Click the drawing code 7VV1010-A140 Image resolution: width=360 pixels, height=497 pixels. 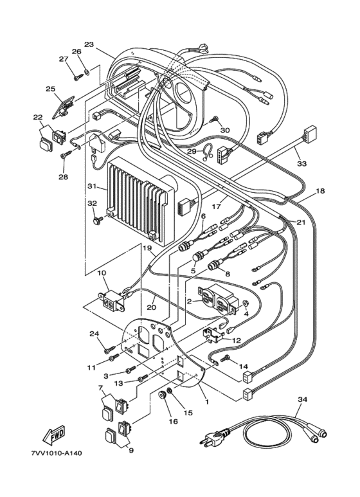tap(57, 453)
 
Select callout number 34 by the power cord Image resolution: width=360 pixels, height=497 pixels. tap(302, 399)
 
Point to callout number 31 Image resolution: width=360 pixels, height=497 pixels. tap(92, 186)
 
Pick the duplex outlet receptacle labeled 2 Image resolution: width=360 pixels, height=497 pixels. tap(217, 300)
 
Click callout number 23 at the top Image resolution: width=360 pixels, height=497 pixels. tap(89, 44)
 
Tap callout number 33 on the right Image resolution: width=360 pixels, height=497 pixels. tap(301, 163)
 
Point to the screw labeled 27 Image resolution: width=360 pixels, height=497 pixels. tap(78, 76)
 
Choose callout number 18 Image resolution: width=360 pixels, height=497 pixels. tap(320, 191)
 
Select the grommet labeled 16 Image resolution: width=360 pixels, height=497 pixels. tap(163, 396)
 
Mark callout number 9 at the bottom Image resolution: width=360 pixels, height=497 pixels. tap(131, 450)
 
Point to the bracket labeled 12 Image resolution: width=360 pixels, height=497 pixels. tap(212, 335)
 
